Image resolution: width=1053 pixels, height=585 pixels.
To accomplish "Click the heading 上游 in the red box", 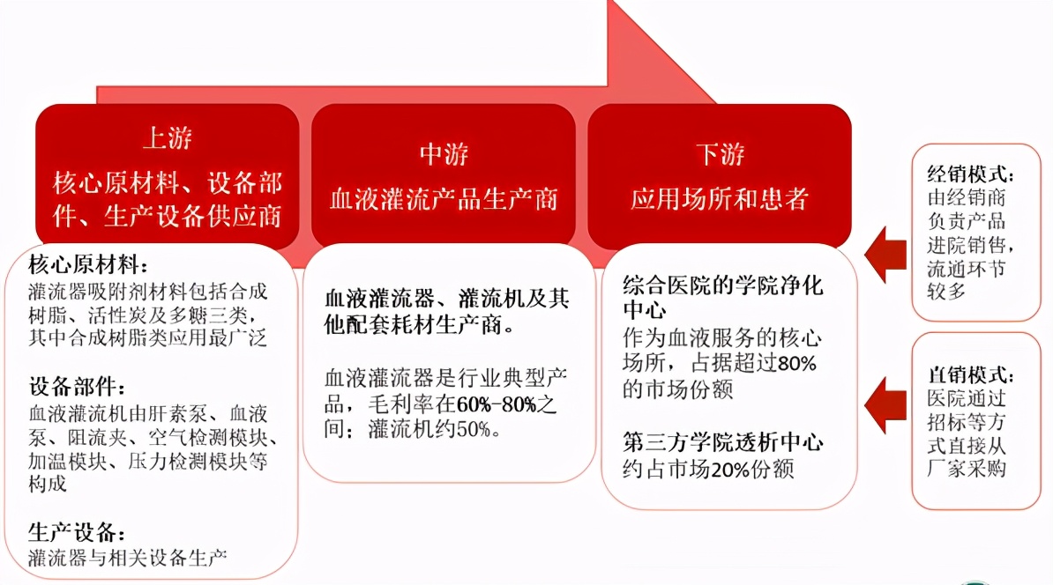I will [167, 138].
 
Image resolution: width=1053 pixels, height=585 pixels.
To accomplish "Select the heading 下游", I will [719, 154].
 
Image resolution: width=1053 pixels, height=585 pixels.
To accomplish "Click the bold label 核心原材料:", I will [88, 265].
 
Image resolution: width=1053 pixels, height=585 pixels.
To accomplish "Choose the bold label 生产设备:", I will [76, 532].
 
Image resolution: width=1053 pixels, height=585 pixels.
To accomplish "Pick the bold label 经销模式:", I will [971, 174].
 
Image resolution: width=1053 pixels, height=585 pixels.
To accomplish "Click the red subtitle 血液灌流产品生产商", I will [444, 198].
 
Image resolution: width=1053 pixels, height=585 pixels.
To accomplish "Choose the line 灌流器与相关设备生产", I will [128, 558].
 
